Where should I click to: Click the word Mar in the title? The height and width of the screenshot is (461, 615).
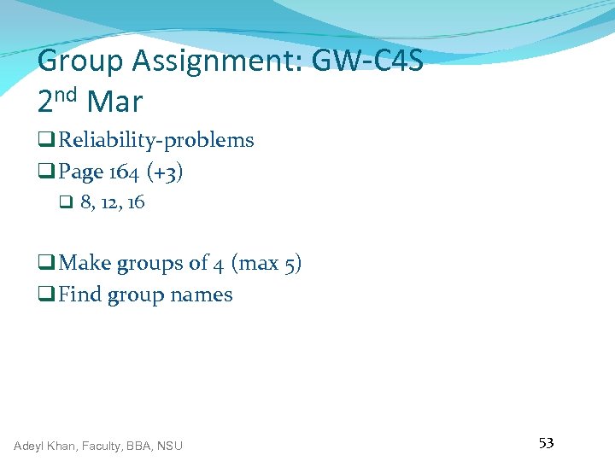tap(114, 103)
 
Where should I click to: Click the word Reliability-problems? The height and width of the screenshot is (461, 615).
tap(155, 140)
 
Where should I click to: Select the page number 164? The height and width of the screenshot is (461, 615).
tap(124, 172)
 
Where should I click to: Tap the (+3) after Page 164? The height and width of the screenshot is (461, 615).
tap(165, 172)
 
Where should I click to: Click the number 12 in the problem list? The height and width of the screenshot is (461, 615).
tap(110, 202)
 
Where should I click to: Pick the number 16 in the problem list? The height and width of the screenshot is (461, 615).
tap(135, 202)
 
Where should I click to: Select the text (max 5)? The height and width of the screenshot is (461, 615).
tap(266, 263)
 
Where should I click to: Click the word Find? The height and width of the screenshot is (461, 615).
tap(79, 295)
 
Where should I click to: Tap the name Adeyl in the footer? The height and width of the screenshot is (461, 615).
tap(31, 446)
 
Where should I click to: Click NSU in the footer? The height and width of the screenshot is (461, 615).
tap(169, 446)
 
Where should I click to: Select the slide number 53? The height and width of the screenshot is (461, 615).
tap(546, 442)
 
